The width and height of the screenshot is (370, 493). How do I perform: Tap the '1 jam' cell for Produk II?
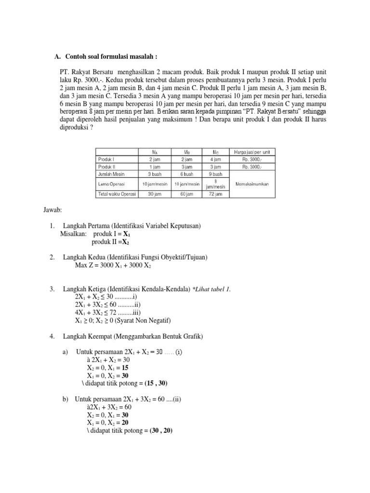154,167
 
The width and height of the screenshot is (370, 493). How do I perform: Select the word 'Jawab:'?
52,210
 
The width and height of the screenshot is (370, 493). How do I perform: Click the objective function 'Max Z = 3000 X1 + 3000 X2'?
113,265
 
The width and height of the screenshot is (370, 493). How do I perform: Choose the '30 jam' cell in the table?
154,194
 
